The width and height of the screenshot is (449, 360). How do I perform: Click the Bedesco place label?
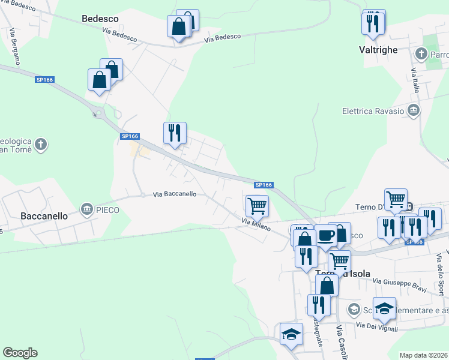(x=100, y=19)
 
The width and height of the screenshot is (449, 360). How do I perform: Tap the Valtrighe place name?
(x=378, y=50)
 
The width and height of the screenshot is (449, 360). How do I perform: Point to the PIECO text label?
(x=107, y=209)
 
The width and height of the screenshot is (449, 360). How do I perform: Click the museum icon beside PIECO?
(x=86, y=209)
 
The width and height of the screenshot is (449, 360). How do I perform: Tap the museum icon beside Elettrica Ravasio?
(x=413, y=110)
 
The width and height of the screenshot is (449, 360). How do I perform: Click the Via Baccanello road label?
(x=174, y=194)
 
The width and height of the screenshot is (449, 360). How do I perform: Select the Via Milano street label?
(x=257, y=224)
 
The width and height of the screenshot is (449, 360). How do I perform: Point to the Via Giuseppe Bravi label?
(x=399, y=284)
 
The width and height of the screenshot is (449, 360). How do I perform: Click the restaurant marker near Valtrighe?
(x=373, y=23)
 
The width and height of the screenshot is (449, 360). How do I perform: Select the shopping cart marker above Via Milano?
(x=257, y=206)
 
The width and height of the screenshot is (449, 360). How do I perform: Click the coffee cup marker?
(x=327, y=235)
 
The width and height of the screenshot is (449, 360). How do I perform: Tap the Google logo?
(x=20, y=353)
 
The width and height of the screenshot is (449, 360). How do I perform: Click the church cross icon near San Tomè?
(x=40, y=144)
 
